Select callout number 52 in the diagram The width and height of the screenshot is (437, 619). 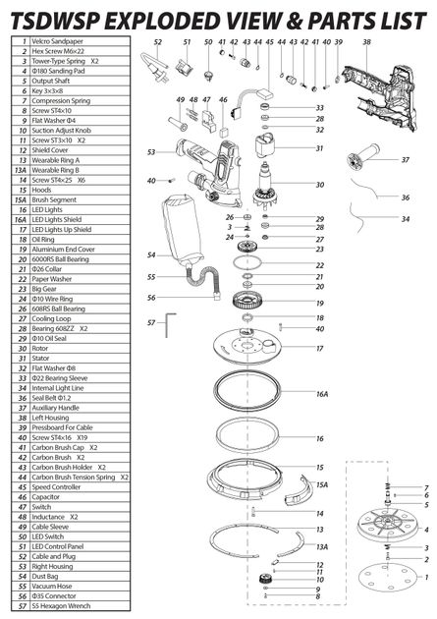[x=158, y=42]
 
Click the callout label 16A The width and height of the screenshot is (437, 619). [x=321, y=394]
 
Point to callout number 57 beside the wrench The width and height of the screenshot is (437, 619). [x=151, y=321]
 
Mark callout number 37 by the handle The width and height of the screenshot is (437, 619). [x=406, y=159]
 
